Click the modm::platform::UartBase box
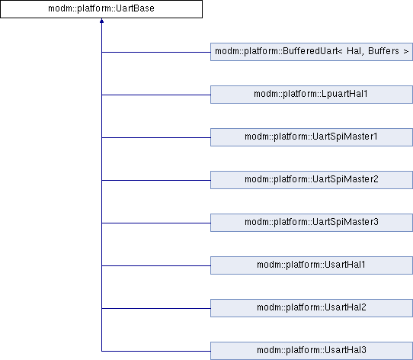tap(101, 9)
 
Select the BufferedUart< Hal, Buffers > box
tap(312, 52)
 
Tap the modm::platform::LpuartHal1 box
tap(312, 95)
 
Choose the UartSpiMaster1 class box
tap(312, 137)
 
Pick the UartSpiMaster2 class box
tap(312, 180)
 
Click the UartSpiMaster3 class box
tap(312, 223)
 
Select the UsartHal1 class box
tap(312, 265)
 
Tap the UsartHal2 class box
tap(312, 308)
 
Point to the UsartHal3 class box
tap(312, 351)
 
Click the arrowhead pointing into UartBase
tap(101, 21)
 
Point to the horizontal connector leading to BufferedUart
tap(156, 52)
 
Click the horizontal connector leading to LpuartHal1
tap(156, 95)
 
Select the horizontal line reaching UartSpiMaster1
tap(156, 138)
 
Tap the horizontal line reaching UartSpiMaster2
tap(156, 181)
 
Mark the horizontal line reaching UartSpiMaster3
tap(156, 223)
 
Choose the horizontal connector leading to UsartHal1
tap(156, 266)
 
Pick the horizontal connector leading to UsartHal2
tap(156, 309)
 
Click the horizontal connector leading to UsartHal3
tap(156, 352)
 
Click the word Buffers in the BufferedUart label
tap(383, 51)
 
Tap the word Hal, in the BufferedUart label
tap(356, 51)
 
